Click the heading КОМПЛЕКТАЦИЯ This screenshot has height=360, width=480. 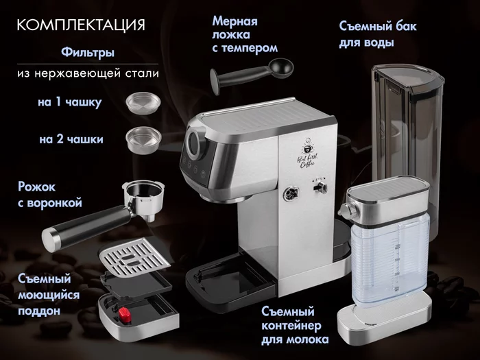click(81, 25)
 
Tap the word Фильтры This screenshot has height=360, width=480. click(88, 52)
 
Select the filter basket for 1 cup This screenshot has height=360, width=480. click(143, 103)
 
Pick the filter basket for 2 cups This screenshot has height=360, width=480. click(143, 140)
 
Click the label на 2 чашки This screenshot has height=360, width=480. click(71, 139)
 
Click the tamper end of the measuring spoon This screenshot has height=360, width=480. click(215, 82)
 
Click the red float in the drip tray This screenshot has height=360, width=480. click(125, 315)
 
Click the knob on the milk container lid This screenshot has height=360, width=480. click(348, 211)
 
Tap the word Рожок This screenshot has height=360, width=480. click(37, 187)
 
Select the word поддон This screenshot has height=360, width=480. click(39, 311)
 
